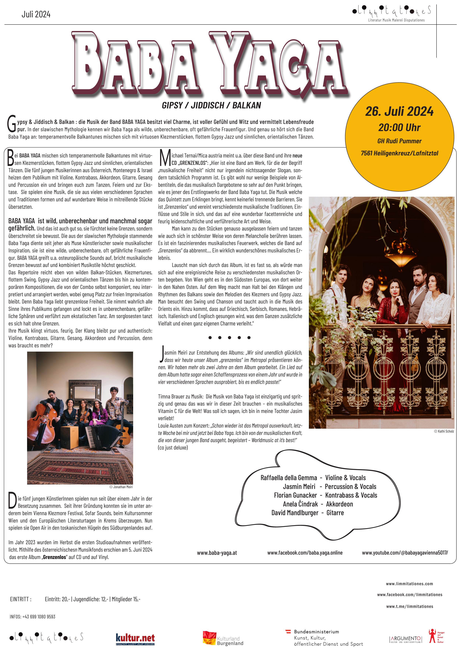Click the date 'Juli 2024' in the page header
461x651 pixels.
[36, 15]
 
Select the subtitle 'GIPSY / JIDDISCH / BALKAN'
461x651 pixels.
[211, 105]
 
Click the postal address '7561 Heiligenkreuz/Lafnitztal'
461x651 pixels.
[399, 153]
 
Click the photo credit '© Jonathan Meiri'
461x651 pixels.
[121, 487]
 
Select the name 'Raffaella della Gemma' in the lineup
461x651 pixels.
[288, 478]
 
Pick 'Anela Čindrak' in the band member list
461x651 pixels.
[300, 504]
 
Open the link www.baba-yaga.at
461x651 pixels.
[217, 553]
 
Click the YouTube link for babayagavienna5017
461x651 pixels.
[405, 553]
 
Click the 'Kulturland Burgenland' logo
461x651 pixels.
[223, 639]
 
